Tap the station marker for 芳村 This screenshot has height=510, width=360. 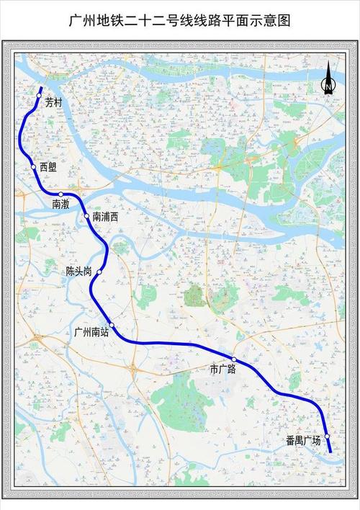coord(40,95)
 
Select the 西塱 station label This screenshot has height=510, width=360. coord(48,167)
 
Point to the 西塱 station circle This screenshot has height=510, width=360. coord(33,167)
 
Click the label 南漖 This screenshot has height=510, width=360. coord(60,205)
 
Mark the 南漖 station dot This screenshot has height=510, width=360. coord(61,194)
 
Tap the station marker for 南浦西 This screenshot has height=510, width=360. coord(87,215)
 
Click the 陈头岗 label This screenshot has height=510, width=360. coord(78,272)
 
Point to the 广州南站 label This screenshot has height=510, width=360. coord(91,333)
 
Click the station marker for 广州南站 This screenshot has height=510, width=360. coord(112,325)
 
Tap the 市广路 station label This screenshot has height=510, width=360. coord(222,370)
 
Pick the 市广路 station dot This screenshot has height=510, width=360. coord(234,359)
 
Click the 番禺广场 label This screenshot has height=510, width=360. coord(303,440)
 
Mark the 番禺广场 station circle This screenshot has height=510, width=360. coord(327,437)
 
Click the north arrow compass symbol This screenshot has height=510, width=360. coord(328,79)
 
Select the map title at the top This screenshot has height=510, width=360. coord(179,21)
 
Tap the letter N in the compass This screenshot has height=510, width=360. coord(328,89)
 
